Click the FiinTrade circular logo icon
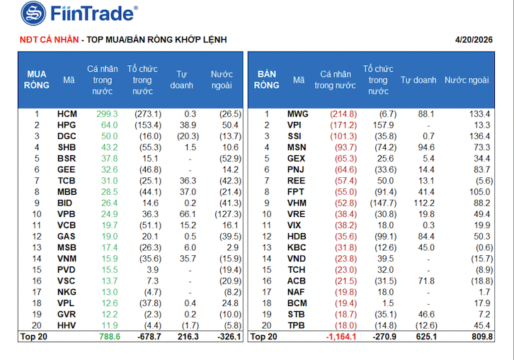click(33, 13)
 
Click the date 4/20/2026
click(474, 40)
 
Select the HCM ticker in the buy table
click(67, 113)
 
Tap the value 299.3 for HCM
click(108, 113)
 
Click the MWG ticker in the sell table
click(298, 113)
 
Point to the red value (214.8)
click(343, 113)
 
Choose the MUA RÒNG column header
click(36, 79)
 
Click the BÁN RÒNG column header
click(266, 79)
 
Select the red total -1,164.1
click(341, 337)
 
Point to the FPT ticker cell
click(296, 191)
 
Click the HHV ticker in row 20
click(67, 325)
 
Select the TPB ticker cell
click(296, 325)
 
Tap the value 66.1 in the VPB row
click(188, 213)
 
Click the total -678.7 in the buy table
click(147, 337)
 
